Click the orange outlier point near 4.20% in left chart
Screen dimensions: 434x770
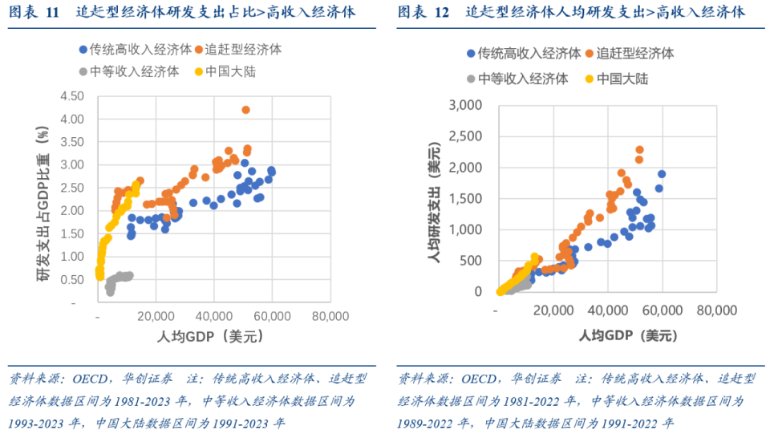click(245, 110)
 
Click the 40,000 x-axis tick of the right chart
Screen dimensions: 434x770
click(608, 310)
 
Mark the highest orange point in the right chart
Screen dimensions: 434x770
click(639, 150)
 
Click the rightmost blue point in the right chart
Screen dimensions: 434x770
click(662, 174)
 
